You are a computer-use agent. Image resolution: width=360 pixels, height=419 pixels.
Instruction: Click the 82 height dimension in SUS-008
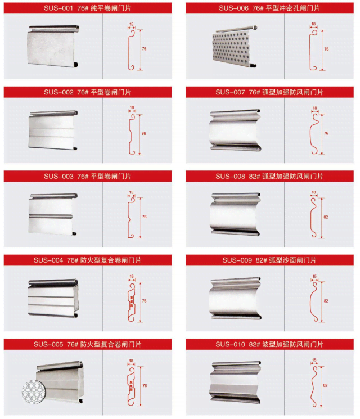(326, 216)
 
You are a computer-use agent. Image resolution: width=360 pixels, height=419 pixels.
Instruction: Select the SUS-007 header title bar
(269, 92)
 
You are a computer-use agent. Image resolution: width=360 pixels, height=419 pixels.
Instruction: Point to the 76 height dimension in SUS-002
(144, 133)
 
